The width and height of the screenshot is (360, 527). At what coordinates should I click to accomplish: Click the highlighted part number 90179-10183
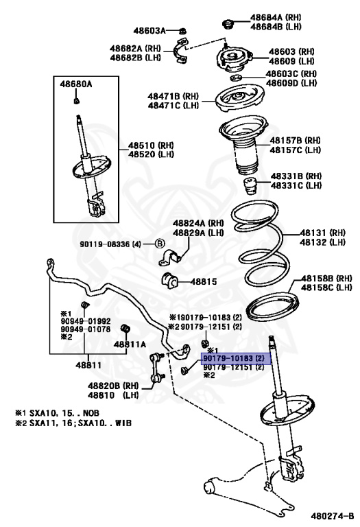(228, 358)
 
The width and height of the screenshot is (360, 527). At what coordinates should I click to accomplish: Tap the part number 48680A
(76, 84)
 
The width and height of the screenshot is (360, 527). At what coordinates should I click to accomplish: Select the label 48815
(203, 281)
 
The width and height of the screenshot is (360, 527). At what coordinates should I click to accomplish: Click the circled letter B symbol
(160, 244)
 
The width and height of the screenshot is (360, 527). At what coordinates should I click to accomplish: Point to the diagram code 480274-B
(333, 516)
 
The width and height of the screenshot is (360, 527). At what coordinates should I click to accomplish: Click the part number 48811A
(130, 344)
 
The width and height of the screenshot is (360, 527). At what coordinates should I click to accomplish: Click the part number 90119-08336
(104, 244)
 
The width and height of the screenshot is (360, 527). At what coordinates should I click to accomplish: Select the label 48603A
(149, 31)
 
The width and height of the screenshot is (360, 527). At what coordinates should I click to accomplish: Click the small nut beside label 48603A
(182, 31)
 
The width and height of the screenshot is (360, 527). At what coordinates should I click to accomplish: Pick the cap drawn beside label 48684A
(228, 25)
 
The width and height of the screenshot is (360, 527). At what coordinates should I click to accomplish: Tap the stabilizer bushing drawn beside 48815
(170, 281)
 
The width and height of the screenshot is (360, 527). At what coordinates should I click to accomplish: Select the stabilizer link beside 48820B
(156, 367)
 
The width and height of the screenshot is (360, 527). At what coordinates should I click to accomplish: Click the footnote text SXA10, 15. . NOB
(64, 413)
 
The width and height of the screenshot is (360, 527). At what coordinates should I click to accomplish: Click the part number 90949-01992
(86, 322)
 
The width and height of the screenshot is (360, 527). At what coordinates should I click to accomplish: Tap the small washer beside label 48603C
(237, 79)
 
